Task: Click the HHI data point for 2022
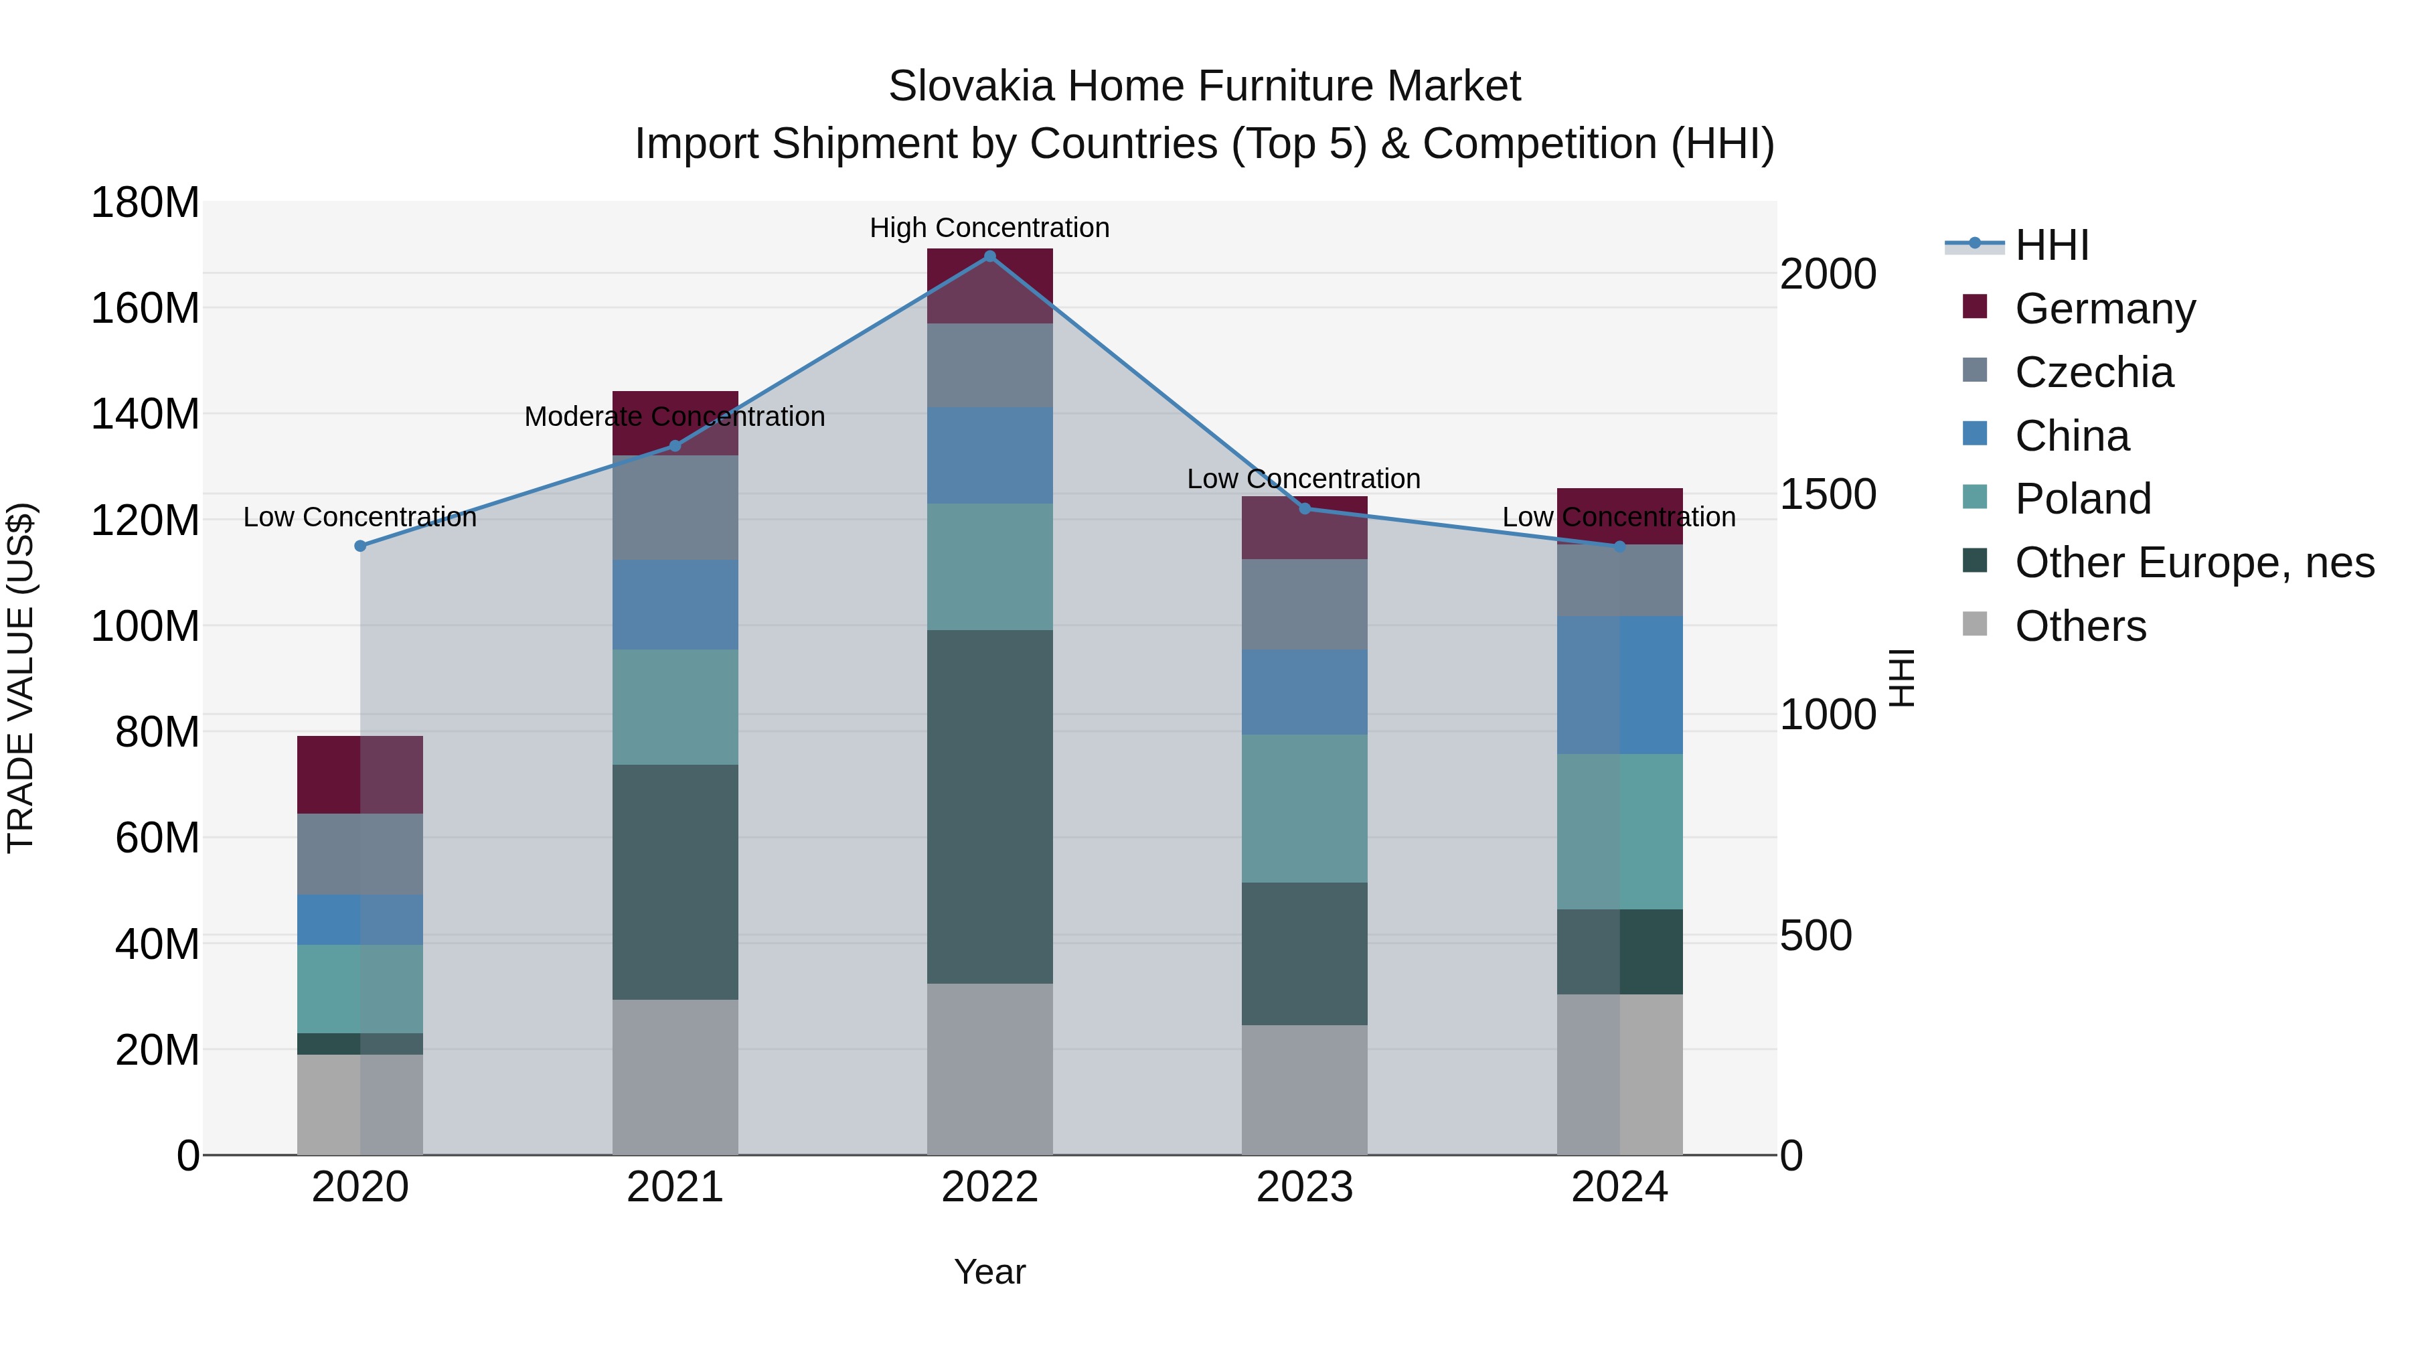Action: coord(990,256)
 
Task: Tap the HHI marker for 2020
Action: coord(360,546)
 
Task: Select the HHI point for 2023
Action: coord(1305,508)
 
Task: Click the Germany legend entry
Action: coord(2104,309)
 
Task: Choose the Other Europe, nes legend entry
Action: coord(2194,562)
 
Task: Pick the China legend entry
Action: coord(2071,436)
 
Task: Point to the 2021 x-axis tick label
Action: coord(675,1187)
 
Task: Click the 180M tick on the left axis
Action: coord(145,202)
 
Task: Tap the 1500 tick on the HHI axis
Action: coord(1827,494)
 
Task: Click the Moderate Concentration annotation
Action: coord(675,417)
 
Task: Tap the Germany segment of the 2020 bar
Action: coord(360,774)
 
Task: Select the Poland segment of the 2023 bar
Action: coord(1305,808)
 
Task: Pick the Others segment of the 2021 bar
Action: coord(675,1076)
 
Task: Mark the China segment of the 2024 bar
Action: coord(1619,684)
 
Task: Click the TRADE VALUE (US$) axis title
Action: coord(21,678)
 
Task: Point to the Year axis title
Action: coord(990,1272)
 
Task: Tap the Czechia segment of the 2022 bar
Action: coord(990,365)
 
